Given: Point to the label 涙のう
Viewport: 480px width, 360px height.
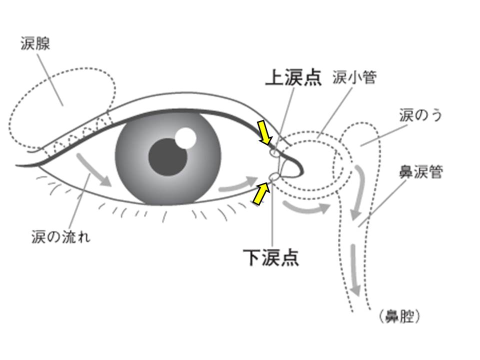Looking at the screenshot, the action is (420, 115).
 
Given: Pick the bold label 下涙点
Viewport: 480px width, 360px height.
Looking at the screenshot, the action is (270, 257).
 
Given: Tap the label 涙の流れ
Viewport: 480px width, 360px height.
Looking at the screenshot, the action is (61, 236).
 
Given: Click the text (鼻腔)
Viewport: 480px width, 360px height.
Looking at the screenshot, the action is (399, 316).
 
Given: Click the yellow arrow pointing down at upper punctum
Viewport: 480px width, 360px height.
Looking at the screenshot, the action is (265, 132).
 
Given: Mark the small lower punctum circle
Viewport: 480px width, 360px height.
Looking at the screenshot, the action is (274, 176).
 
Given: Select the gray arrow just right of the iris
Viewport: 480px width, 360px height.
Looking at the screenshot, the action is (238, 183).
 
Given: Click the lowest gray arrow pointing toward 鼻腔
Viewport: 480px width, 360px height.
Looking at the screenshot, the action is (355, 270).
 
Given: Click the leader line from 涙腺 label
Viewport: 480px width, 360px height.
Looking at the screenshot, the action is (50, 80).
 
